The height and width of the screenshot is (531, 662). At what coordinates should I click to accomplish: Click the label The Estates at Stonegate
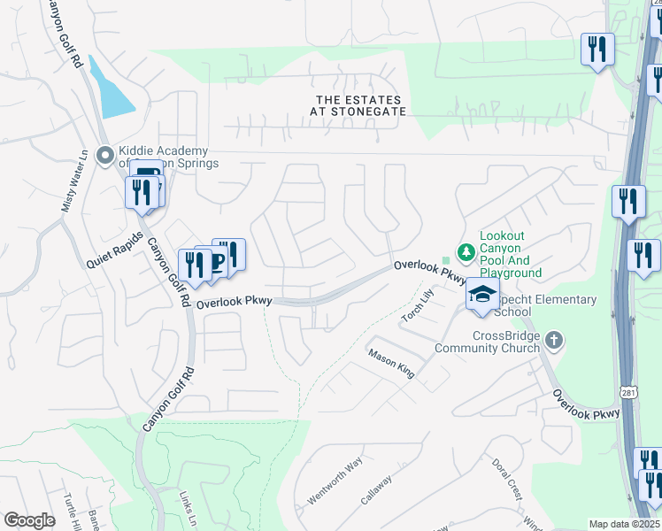pos(358,106)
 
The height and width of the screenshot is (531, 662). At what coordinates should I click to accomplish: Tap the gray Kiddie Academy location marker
pos(105,158)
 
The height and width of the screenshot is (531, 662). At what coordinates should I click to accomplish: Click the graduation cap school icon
pos(482,296)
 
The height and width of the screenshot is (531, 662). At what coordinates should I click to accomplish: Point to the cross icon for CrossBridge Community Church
pos(553,341)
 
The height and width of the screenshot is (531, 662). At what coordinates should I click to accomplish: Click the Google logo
pos(29,520)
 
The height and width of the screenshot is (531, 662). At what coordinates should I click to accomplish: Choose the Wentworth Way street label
pos(335,481)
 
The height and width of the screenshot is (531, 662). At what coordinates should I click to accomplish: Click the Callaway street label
pos(376,489)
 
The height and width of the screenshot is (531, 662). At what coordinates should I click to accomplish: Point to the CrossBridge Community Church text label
pos(486,341)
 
